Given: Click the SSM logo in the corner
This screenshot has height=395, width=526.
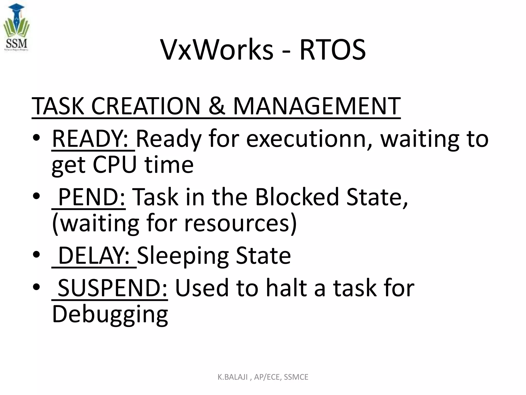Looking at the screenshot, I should point(16,28).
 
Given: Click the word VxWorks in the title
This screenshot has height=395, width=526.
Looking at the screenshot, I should point(217,50).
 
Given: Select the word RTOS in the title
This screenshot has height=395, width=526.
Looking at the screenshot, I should point(333,50).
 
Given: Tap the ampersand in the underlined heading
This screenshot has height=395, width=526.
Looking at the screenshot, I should point(217,106).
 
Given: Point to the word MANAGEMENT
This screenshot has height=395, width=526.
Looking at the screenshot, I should point(317,106).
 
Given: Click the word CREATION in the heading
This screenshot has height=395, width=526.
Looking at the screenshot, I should point(146,106).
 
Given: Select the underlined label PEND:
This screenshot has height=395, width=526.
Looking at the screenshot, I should point(92,197).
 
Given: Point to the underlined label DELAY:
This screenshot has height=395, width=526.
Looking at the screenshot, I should point(94,255).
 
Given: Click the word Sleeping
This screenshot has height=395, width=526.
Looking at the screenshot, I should point(183,255).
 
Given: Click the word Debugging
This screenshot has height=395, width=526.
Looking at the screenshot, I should point(110,314).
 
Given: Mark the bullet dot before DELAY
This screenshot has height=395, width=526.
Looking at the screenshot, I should point(36,255).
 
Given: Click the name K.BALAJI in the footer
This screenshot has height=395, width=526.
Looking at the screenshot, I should point(233,377).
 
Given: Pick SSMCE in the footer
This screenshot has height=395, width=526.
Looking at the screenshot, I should point(296,377).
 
